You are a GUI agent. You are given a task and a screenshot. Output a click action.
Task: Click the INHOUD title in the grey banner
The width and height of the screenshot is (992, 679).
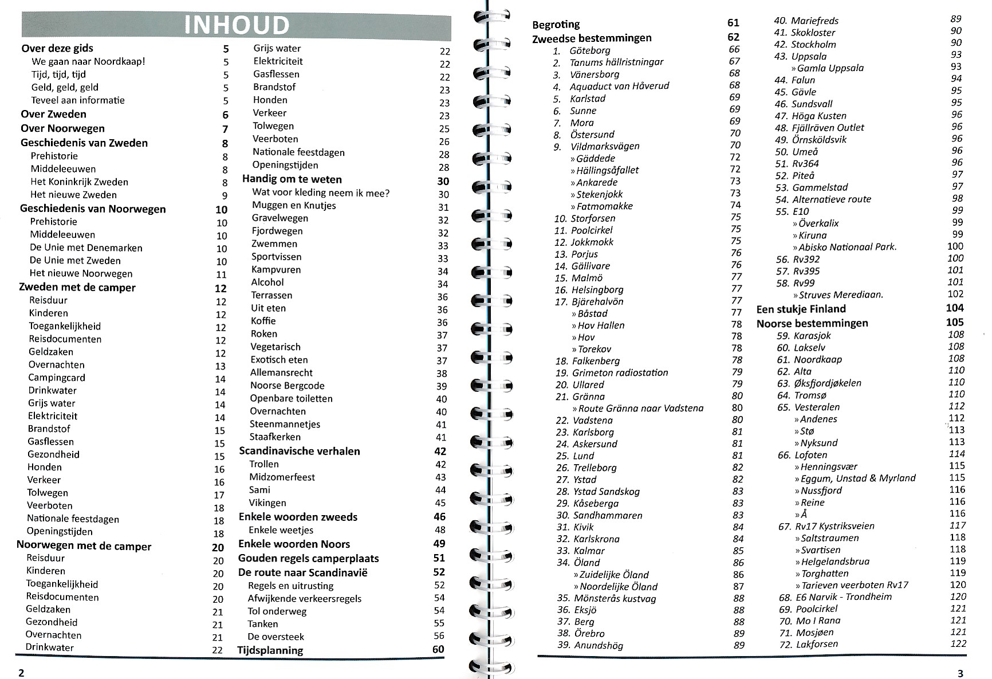(x=237, y=26)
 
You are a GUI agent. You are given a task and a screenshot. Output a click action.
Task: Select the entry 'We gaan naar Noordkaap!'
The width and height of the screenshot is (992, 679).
(x=88, y=61)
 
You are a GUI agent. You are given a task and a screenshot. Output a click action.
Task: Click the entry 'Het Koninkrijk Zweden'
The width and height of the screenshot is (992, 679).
(x=79, y=182)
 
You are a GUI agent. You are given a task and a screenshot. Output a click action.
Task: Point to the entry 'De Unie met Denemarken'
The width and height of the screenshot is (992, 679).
(x=86, y=248)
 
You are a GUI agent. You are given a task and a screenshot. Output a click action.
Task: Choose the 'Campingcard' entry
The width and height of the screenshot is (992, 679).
(x=57, y=378)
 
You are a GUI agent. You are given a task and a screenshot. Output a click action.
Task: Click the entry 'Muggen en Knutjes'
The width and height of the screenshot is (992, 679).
(x=294, y=205)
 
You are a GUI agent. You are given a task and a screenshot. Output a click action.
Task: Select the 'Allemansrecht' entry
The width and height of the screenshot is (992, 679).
(x=281, y=372)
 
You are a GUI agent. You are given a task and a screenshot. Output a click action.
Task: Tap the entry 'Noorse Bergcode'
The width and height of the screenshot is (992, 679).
(x=288, y=386)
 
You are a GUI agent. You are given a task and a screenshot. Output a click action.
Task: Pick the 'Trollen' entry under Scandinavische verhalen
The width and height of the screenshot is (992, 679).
(x=264, y=464)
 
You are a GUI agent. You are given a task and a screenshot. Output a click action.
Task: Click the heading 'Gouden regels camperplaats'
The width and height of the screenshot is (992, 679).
(x=308, y=558)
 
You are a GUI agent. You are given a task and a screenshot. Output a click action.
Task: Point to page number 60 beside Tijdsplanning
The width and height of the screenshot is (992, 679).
(x=438, y=649)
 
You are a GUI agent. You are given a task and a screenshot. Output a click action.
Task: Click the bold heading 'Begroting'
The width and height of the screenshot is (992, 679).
(x=556, y=25)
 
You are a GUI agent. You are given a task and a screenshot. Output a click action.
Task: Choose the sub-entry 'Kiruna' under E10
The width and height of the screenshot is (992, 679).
(x=813, y=235)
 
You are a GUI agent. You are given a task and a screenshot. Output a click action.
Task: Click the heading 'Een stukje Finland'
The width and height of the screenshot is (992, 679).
(x=801, y=309)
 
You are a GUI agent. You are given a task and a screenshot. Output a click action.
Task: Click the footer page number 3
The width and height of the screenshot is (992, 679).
(x=960, y=673)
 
